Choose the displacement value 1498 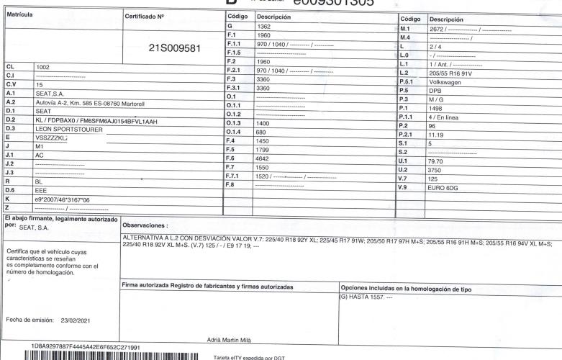(437, 108)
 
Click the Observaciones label (148, 225)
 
